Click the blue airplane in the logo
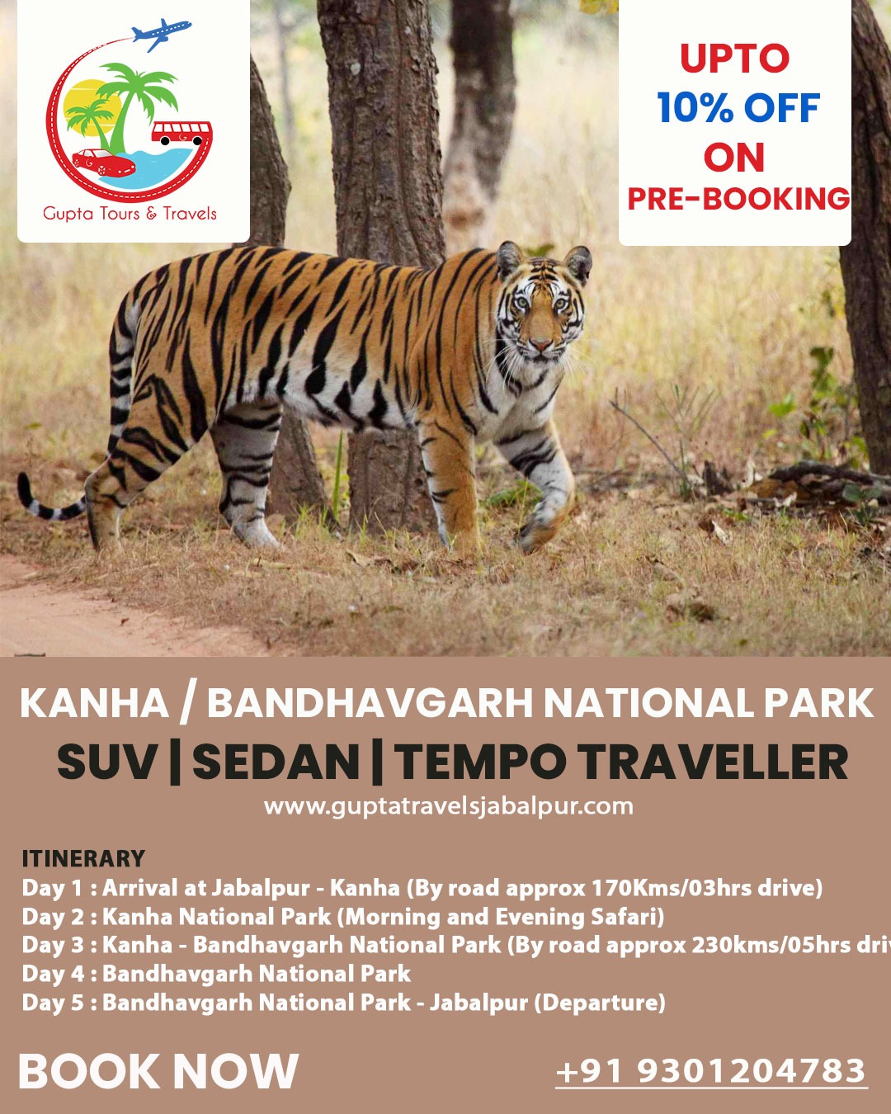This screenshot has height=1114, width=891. point(162,35)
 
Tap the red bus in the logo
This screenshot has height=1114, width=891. point(181,132)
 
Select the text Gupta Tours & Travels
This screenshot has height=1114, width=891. point(130,214)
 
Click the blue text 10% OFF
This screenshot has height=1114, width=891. point(738,108)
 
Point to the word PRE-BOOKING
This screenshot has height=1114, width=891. point(738,199)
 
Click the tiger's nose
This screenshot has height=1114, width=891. point(540,344)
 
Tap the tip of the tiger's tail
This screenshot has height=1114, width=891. point(25,487)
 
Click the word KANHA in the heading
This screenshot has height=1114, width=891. point(94,704)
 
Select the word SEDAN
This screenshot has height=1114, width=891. point(276,762)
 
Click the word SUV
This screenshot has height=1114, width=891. point(107,762)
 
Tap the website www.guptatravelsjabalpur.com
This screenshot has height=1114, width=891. point(448,806)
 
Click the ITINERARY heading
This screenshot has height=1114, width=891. point(83,858)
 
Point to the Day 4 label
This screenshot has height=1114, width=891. point(53,974)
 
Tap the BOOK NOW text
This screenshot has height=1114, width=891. point(158,1071)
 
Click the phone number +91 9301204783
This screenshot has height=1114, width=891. point(711,1071)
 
